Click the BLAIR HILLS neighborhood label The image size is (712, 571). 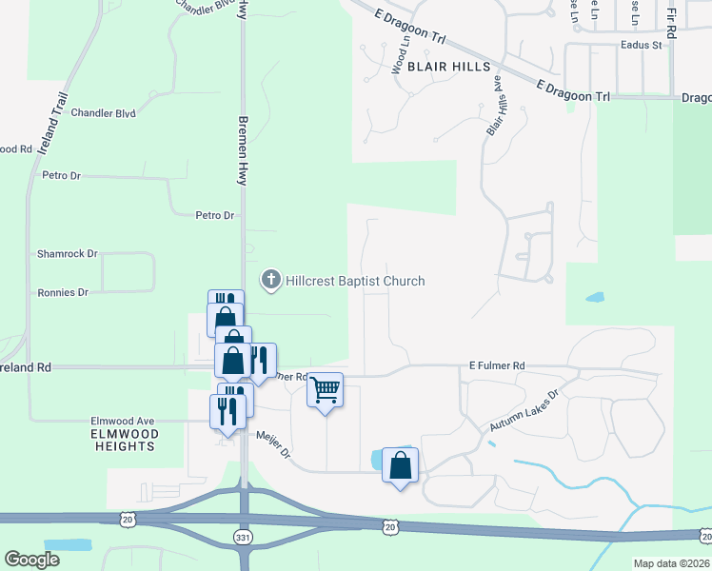pos(448,67)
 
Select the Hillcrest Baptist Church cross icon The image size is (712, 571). pos(271,280)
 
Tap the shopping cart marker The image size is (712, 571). pos(325,390)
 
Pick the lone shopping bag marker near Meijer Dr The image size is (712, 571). pos(400,465)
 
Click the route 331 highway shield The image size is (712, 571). pos(244,538)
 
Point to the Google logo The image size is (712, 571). pos(31,560)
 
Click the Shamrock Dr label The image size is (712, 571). pos(67,254)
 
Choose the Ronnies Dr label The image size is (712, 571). pos(62,292)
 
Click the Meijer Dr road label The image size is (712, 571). pos(272,449)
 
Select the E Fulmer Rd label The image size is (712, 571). pos(497,365)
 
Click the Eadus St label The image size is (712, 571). pos(640,45)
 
